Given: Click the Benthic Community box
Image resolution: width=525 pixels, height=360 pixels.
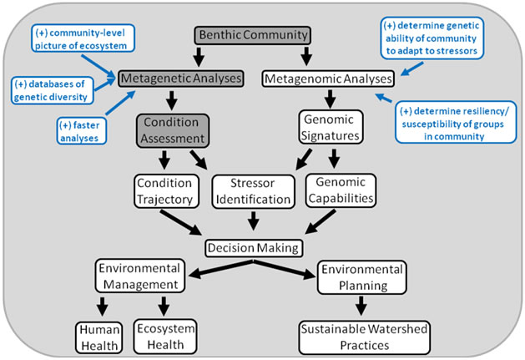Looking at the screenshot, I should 252,35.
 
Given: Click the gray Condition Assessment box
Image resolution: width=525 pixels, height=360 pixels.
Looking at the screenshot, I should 172,130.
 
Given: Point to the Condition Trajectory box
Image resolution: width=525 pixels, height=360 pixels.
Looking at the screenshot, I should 165,190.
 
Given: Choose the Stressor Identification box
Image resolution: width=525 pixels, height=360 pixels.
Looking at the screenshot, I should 253,190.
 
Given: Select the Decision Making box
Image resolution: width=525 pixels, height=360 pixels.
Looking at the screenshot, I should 252,248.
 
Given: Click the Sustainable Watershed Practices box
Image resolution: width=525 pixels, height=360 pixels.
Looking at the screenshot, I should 362,334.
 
